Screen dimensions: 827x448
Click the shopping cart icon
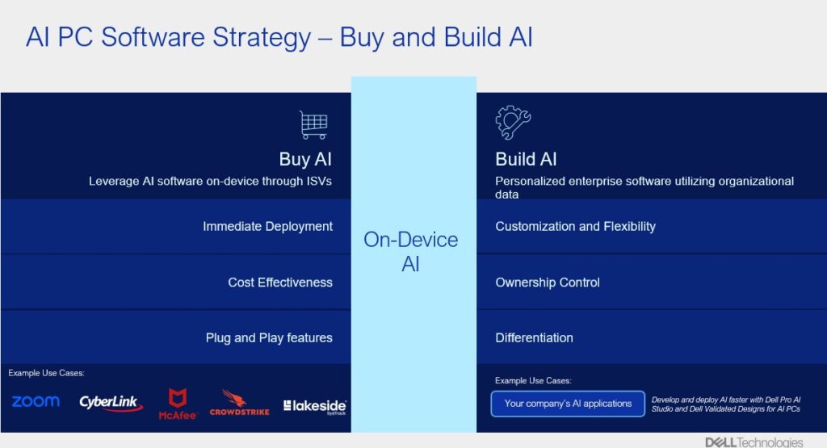pos(314,125)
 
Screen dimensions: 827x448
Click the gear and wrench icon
pos(513,122)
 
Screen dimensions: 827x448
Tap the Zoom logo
pos(36,402)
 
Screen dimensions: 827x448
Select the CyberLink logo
pos(111,404)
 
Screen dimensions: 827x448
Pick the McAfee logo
pos(178,404)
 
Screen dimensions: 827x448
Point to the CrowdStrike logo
pos(239,404)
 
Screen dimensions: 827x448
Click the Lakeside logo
pos(315,406)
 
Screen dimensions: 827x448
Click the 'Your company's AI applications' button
pos(568,404)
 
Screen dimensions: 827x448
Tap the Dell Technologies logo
pos(754,442)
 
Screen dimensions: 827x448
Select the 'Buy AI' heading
pos(305,159)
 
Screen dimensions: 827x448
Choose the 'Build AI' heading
pos(526,159)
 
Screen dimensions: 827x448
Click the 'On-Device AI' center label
pos(411,251)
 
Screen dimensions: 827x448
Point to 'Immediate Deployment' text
pos(267,227)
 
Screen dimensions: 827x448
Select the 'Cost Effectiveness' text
pos(280,283)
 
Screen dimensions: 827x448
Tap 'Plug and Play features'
pos(269,338)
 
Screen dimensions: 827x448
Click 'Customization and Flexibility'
pos(575,227)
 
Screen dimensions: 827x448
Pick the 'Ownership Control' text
pos(548,283)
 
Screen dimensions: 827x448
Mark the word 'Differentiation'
pos(534,338)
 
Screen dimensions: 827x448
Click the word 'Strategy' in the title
pos(262,38)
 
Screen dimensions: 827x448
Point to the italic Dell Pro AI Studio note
pos(726,404)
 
